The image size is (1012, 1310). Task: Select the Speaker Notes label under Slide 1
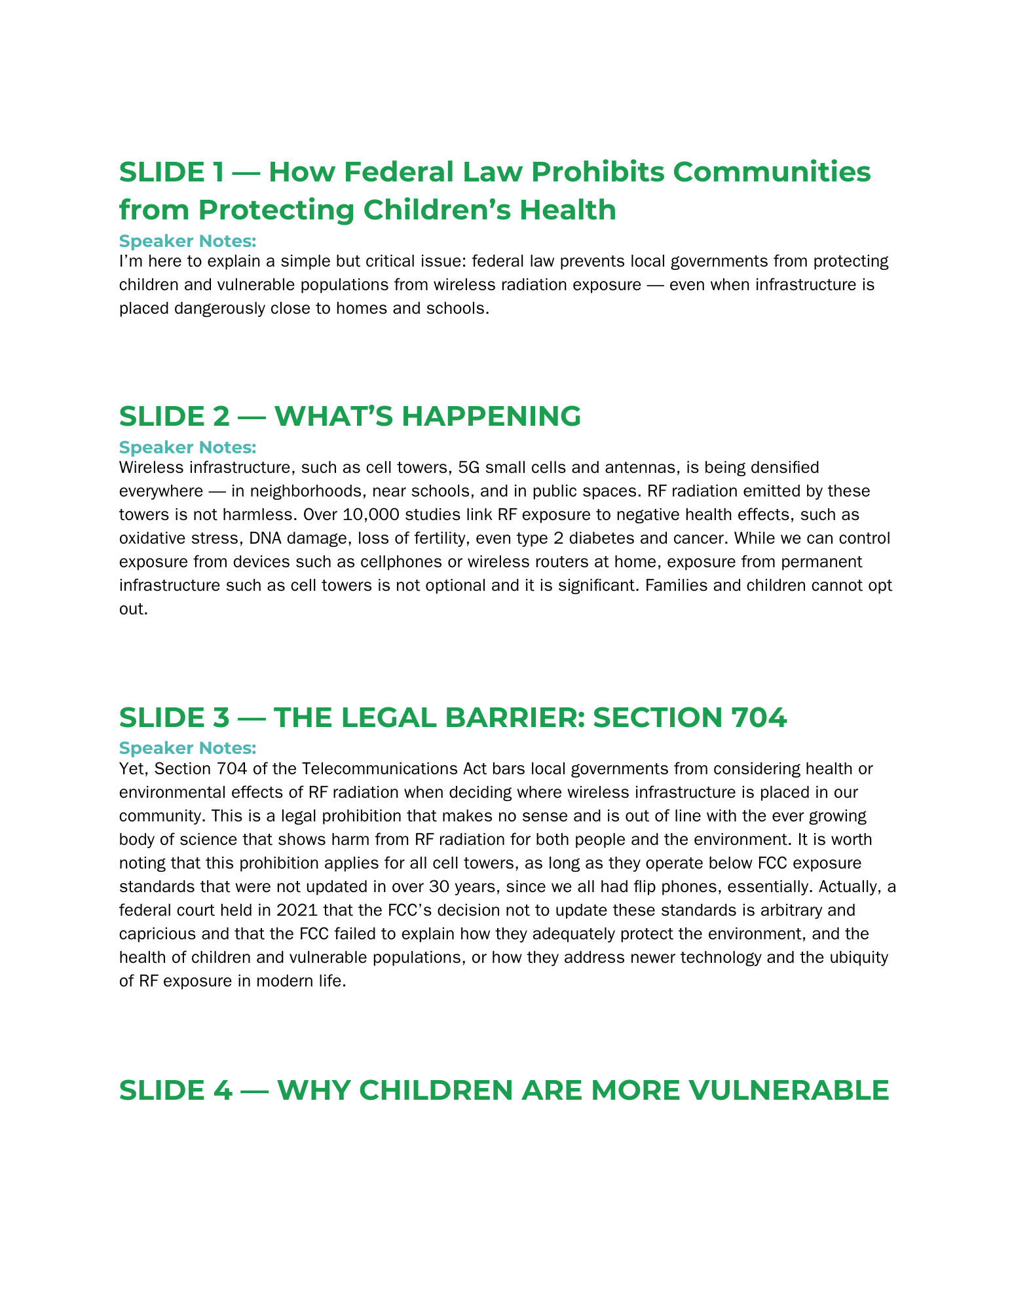pos(187,241)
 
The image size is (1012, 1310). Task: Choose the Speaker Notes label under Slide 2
pos(187,447)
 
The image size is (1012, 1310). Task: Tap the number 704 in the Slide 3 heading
pos(759,718)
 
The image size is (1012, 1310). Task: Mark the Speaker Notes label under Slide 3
pos(187,748)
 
